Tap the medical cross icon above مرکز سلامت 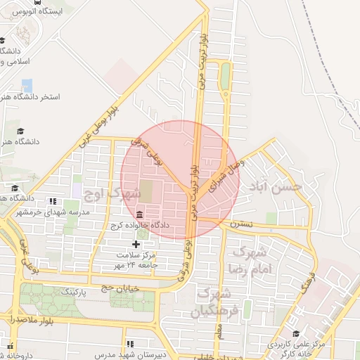tap(136, 243)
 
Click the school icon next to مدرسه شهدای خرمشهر tap(56, 201)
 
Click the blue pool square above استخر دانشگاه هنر tap(27, 86)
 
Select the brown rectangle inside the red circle tap(146, 189)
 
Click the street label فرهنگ tap(308, 284)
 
